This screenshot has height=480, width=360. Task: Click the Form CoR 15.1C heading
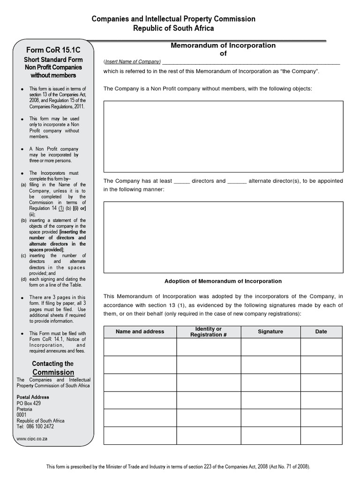(52, 50)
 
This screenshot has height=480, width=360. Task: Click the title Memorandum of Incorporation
(223, 45)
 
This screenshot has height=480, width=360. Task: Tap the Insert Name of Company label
(132, 62)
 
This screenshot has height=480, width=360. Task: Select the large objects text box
(223, 136)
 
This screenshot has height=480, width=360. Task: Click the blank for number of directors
(181, 181)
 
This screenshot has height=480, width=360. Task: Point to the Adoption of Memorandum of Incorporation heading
(223, 281)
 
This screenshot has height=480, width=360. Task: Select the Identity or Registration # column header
(209, 332)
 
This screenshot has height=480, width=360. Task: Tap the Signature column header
(270, 331)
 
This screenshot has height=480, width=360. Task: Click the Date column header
(321, 331)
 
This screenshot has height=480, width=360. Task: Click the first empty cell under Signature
(270, 347)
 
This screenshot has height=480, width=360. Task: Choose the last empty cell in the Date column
(321, 435)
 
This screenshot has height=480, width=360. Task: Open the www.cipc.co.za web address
(32, 439)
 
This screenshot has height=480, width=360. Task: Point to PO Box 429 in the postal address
(29, 403)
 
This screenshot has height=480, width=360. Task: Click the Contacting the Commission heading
(52, 368)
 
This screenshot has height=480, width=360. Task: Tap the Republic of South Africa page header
(173, 28)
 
